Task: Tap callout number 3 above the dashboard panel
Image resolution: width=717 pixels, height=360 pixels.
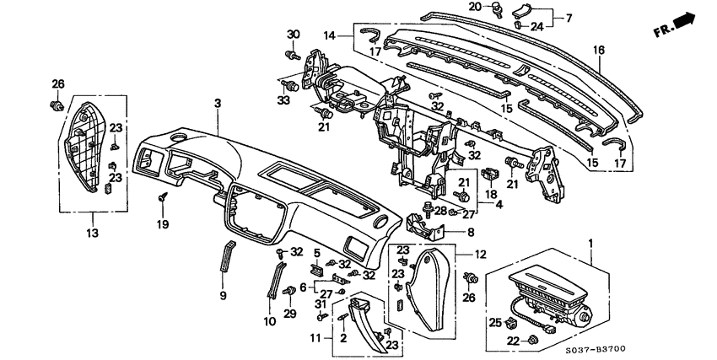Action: (217, 103)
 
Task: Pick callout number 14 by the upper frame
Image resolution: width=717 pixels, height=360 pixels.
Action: (328, 35)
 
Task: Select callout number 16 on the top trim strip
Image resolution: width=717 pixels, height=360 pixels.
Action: (598, 50)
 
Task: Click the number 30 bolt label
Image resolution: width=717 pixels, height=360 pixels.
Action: (294, 34)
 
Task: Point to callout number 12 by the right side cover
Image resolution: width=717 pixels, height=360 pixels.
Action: (479, 253)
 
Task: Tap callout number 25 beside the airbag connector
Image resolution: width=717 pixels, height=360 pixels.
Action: (494, 322)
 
